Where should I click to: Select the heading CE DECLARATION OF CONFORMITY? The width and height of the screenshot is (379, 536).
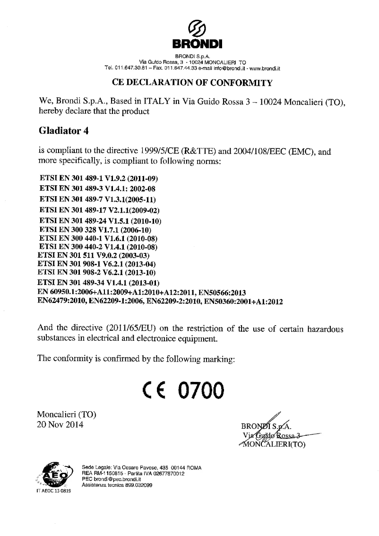(x=192, y=83)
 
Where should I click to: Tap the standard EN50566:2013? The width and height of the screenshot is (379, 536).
(x=222, y=293)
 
